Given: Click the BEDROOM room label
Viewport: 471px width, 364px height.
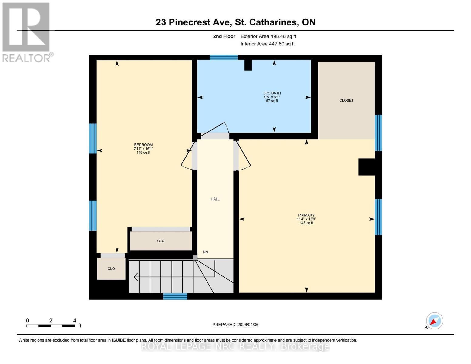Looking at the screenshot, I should coord(143,145).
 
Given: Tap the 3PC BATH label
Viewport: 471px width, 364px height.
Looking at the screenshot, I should coord(272,93).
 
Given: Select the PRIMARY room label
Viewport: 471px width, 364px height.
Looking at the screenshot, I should coord(306,215).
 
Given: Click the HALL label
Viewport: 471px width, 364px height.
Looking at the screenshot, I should coord(215,199).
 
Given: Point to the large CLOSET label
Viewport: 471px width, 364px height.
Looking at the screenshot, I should coord(346,100).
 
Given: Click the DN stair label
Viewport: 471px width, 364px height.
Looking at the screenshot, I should coord(205,252).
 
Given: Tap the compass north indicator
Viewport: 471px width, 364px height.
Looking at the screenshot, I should coord(434,321).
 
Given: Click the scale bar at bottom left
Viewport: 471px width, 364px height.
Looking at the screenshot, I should coord(51,326).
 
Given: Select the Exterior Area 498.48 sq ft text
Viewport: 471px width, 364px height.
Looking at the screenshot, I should coord(268,36).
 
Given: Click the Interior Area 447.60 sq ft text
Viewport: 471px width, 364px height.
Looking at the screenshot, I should coord(267,44).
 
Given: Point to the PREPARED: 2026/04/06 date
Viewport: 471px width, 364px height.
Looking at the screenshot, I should coord(235,325).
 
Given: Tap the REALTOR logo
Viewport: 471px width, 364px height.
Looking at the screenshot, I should coord(27,32).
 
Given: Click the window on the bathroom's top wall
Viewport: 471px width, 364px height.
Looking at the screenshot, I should coord(224,57).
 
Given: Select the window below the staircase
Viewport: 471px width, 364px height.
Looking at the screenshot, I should coord(175,296).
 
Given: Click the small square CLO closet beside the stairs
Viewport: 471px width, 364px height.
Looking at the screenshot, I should coord(111,268).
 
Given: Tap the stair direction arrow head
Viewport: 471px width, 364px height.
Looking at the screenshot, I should coord(136,277).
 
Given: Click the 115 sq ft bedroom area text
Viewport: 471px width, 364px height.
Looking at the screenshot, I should coord(143,153).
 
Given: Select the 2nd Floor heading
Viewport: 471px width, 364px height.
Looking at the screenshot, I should coord(224,36).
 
